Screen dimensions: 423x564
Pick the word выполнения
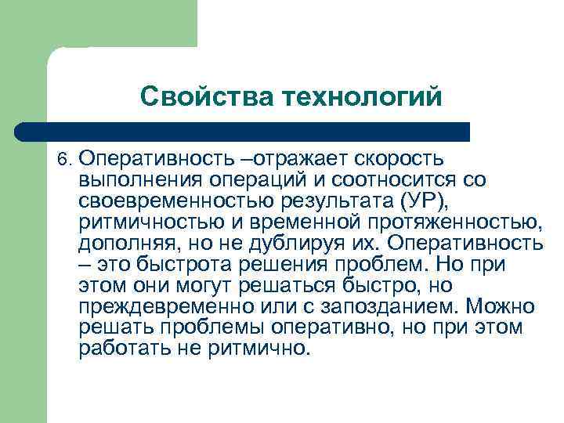pyautogui.click(x=136, y=180)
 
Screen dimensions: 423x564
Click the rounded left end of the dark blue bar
pyautogui.click(x=27, y=132)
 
